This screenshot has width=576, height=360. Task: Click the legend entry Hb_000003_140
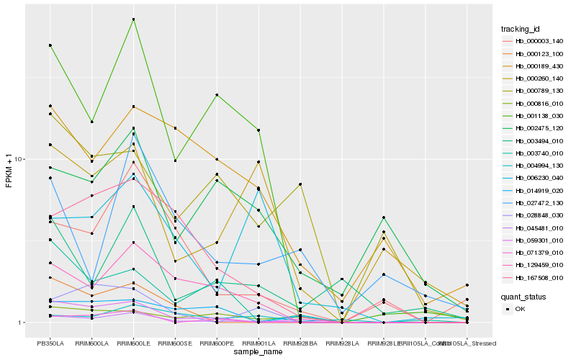tap(539, 41)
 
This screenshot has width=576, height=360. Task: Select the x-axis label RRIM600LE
tap(133, 344)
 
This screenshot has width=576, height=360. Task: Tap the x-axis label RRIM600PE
tap(217, 344)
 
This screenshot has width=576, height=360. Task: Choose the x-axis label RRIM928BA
tap(300, 344)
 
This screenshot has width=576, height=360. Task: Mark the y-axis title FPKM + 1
tap(9, 171)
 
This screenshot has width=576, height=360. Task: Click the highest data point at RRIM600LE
tap(133, 19)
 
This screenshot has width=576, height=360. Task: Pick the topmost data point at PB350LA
tap(50, 45)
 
